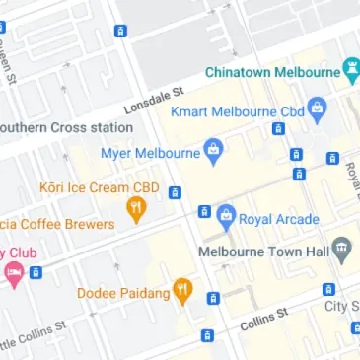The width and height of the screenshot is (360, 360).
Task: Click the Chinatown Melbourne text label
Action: pos(271,72)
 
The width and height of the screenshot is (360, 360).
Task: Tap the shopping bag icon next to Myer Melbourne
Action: pos(212,150)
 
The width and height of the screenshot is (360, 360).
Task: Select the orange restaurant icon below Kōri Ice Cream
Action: pos(137,208)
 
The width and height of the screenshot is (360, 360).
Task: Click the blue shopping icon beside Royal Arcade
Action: pos(226,215)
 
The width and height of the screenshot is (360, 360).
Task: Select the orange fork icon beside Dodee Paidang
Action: pos(181,290)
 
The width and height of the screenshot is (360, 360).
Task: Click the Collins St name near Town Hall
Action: pos(262,317)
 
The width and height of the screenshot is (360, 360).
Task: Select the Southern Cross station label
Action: pos(65,128)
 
